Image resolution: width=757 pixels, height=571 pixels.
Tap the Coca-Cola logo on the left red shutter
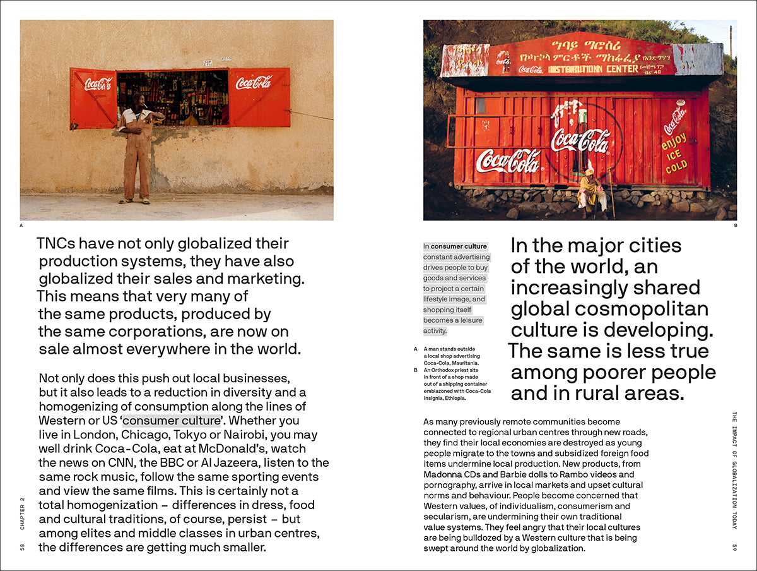pos(98,83)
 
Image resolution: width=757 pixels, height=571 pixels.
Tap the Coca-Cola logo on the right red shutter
pos(254,82)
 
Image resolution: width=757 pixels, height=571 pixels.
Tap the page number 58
pos(23,546)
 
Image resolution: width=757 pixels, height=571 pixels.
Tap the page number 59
pos(734,546)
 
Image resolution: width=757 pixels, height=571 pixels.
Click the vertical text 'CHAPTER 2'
pos(23,512)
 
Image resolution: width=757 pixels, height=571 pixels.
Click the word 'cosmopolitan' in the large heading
pos(646,309)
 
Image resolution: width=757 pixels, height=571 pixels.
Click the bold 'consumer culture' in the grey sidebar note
pos(459,246)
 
